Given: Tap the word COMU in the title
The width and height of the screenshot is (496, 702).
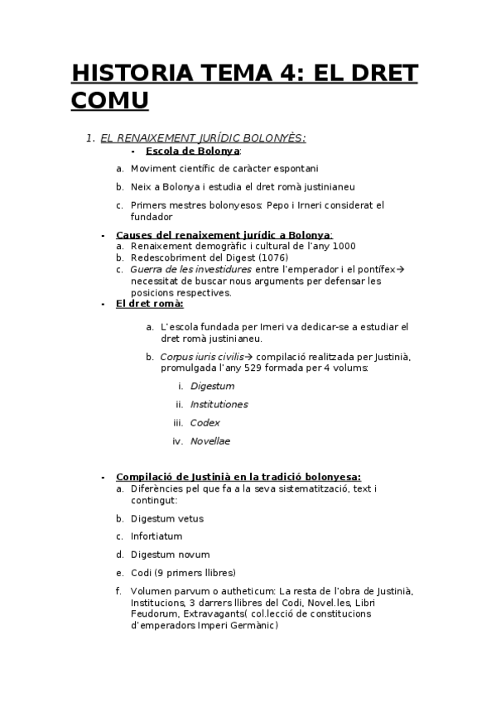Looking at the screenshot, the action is pyautogui.click(x=110, y=101).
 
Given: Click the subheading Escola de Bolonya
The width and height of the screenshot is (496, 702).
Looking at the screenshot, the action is pyautogui.click(x=192, y=151).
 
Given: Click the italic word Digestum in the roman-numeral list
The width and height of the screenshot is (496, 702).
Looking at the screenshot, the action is pyautogui.click(x=212, y=386).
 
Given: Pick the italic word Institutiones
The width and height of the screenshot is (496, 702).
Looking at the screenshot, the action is pyautogui.click(x=219, y=404).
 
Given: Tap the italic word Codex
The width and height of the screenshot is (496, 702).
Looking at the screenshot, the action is pyautogui.click(x=205, y=422).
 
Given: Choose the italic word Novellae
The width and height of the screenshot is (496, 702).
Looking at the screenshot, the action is pyautogui.click(x=209, y=440).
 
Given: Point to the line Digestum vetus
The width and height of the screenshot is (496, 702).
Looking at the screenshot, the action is pyautogui.click(x=166, y=518).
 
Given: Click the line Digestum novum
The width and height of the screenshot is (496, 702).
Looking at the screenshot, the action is pyautogui.click(x=170, y=555).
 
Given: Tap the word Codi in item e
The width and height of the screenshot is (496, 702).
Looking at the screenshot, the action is pyautogui.click(x=141, y=573).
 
